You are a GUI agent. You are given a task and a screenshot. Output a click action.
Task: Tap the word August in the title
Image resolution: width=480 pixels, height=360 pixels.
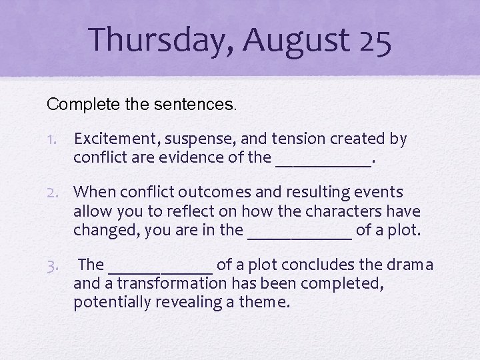pyautogui.click(x=296, y=39)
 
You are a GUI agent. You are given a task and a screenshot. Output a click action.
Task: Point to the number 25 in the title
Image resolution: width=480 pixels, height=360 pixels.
pyautogui.click(x=374, y=39)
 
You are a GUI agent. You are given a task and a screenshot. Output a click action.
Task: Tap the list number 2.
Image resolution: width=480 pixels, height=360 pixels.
pyautogui.click(x=57, y=193)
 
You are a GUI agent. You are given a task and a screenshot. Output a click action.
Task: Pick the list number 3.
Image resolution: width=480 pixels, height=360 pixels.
pyautogui.click(x=57, y=265)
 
